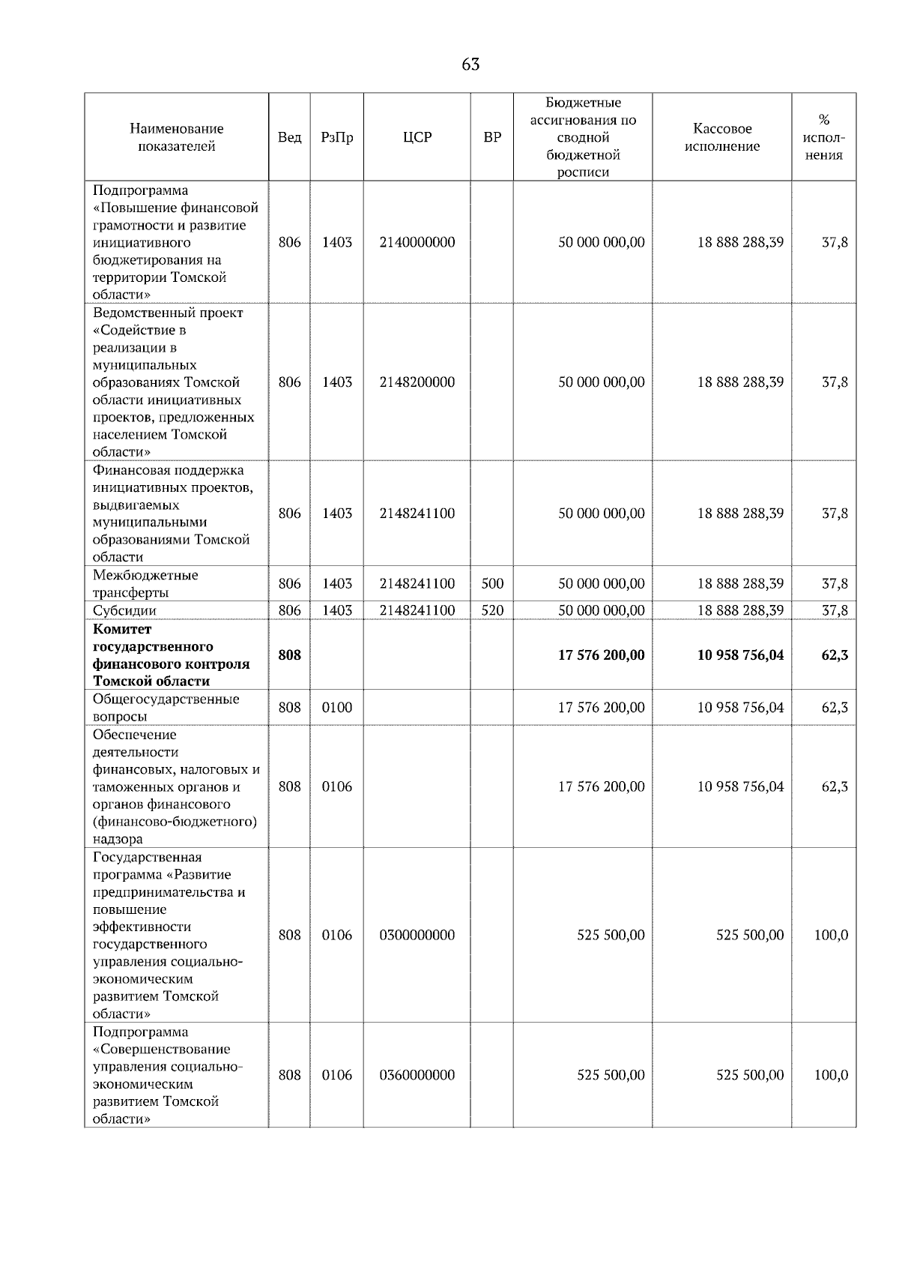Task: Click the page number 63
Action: [x=470, y=64]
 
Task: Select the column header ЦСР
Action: [x=417, y=137]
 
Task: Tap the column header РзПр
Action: [x=336, y=137]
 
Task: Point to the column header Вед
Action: [x=289, y=137]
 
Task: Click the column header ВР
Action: [x=492, y=137]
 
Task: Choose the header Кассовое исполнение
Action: [x=721, y=137]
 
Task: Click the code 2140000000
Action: [x=417, y=242]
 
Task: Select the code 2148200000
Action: [x=417, y=382]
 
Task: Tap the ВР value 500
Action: [x=492, y=583]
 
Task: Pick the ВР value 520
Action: [x=492, y=610]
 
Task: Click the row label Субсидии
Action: [x=124, y=610]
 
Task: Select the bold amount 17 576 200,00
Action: [x=601, y=654]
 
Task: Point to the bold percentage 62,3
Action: [x=835, y=654]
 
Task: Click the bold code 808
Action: [x=289, y=654]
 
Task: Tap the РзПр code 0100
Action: [x=336, y=707]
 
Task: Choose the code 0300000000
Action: [x=417, y=935]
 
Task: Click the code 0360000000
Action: [x=417, y=1074]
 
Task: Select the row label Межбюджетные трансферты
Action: [x=145, y=583]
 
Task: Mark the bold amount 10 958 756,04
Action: [x=740, y=654]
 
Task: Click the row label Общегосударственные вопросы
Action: [x=166, y=707]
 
